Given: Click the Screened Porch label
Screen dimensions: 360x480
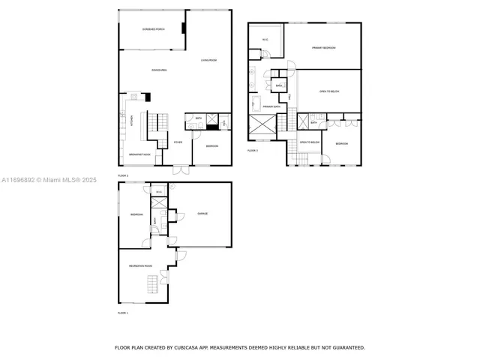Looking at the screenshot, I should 153,29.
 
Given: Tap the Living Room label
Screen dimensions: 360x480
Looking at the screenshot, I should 208,60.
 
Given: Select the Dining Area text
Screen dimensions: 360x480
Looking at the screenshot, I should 159,70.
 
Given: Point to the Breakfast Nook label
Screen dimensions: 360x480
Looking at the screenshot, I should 139,154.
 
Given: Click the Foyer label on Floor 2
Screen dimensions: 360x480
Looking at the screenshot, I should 178,142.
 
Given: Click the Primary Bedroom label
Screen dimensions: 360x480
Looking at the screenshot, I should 324,48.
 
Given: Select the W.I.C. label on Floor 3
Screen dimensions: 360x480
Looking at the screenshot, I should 265,39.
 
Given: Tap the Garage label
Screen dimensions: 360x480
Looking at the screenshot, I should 202,214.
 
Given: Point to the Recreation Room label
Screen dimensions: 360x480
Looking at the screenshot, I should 140,265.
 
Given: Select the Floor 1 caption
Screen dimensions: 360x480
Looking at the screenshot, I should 123,312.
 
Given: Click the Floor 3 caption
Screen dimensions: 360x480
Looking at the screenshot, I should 253,150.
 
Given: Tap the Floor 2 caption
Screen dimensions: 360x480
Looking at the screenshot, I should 123,175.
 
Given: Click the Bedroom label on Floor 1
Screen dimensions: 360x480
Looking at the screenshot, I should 136,214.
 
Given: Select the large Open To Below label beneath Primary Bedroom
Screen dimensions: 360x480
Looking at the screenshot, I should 330,91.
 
